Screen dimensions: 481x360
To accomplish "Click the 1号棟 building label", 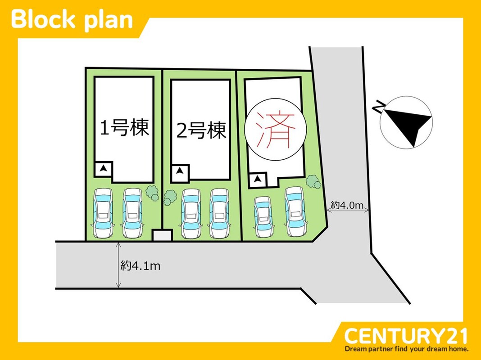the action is click(124, 129).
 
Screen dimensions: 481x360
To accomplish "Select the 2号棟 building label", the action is click(201, 131).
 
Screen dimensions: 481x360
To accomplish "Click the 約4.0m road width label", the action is click(347, 205).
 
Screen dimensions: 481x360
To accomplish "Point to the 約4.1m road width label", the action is click(140, 266).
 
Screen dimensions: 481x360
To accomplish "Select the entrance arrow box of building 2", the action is click(180, 171).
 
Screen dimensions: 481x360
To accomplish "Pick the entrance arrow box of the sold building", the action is click(257, 180).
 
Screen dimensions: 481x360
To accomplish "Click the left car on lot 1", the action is click(103, 213).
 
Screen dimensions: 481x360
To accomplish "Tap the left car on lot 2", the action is click(191, 213).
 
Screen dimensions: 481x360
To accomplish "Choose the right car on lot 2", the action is click(220, 213).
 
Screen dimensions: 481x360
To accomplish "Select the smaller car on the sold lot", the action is click(263, 217).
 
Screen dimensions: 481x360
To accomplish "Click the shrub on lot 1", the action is click(153, 193).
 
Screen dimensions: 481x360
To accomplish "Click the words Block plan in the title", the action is click(72, 20).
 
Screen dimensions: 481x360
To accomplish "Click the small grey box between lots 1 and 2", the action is click(162, 235).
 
